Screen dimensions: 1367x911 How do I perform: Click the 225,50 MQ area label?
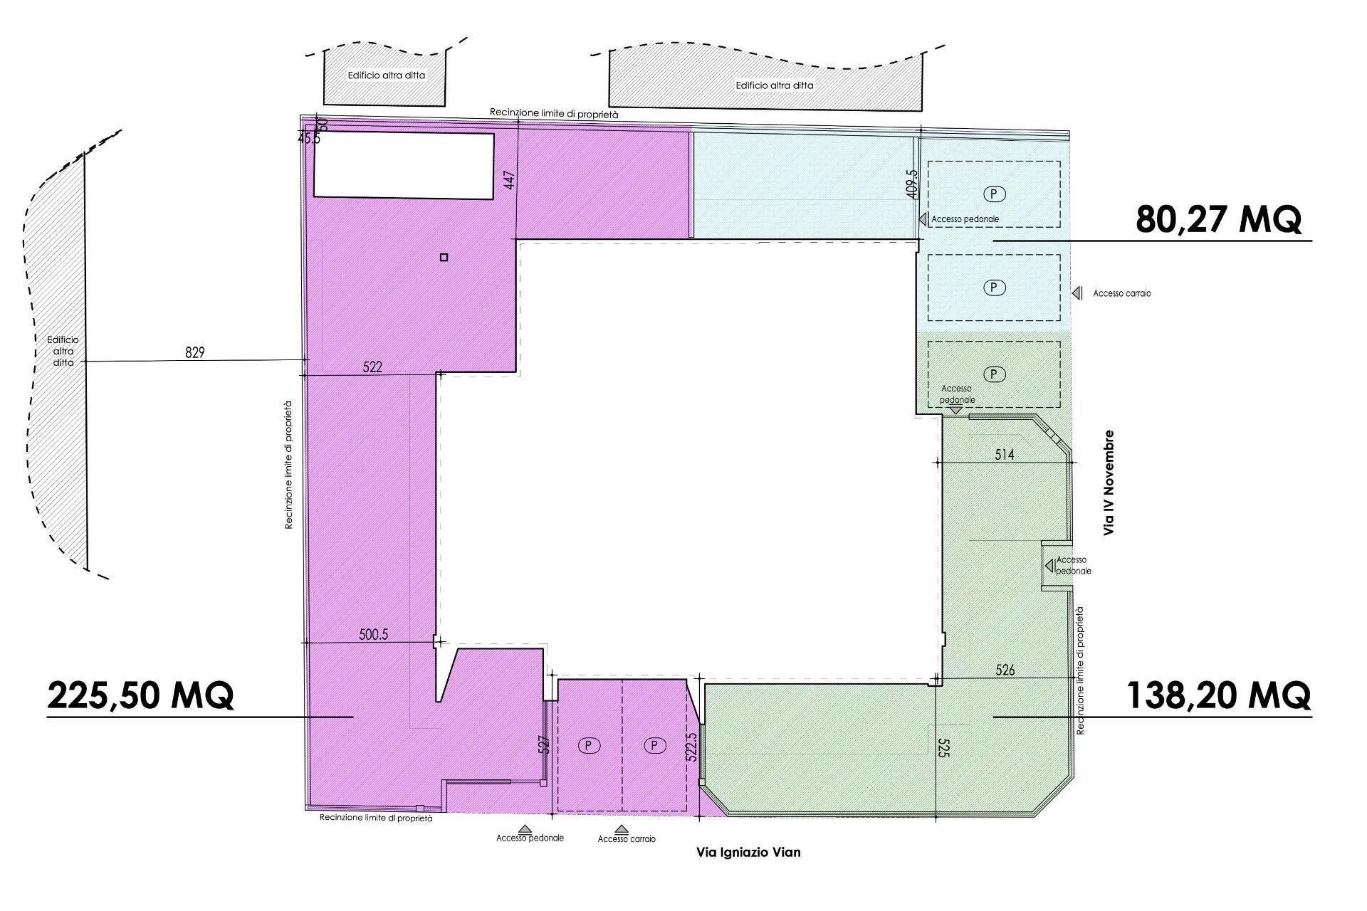140,695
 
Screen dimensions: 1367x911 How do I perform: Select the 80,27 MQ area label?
1219,219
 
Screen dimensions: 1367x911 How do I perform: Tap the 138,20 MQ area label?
1218,695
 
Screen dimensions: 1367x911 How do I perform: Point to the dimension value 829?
194,352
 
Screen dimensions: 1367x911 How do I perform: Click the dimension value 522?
372,367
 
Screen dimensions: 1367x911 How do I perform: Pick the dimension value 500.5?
374,634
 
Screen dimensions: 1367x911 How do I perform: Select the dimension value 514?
1004,454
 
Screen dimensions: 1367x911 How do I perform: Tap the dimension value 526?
1005,670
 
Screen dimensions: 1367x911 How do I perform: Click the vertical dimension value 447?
508,179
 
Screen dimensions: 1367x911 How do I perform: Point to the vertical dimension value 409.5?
913,184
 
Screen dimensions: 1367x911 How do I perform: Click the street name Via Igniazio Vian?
748,852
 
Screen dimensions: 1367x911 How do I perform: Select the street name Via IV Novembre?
1108,482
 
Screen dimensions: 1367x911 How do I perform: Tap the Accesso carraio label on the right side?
1122,293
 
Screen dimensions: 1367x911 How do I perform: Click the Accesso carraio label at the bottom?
627,839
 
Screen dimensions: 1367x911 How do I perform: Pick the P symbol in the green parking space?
994,374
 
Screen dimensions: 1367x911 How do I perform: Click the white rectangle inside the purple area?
404,165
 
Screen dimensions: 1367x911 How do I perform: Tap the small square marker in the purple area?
444,258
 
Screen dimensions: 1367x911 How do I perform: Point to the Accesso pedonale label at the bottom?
530,838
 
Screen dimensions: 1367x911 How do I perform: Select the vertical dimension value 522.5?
692,744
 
